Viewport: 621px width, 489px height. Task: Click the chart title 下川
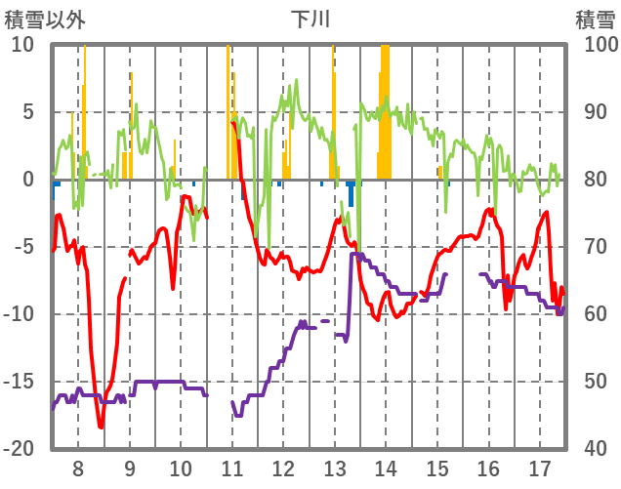[x=310, y=19]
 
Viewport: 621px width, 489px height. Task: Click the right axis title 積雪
[x=595, y=19]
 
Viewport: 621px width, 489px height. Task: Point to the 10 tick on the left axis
[x=22, y=45]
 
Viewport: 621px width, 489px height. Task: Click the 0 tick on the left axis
[x=27, y=180]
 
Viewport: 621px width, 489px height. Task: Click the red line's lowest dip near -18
[x=101, y=427]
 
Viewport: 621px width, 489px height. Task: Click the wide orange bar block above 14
[x=385, y=112]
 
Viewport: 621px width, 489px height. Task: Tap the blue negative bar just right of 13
[x=351, y=192]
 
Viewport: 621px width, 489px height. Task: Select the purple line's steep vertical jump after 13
[x=351, y=293]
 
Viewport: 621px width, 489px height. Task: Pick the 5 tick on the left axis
[x=27, y=112]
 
